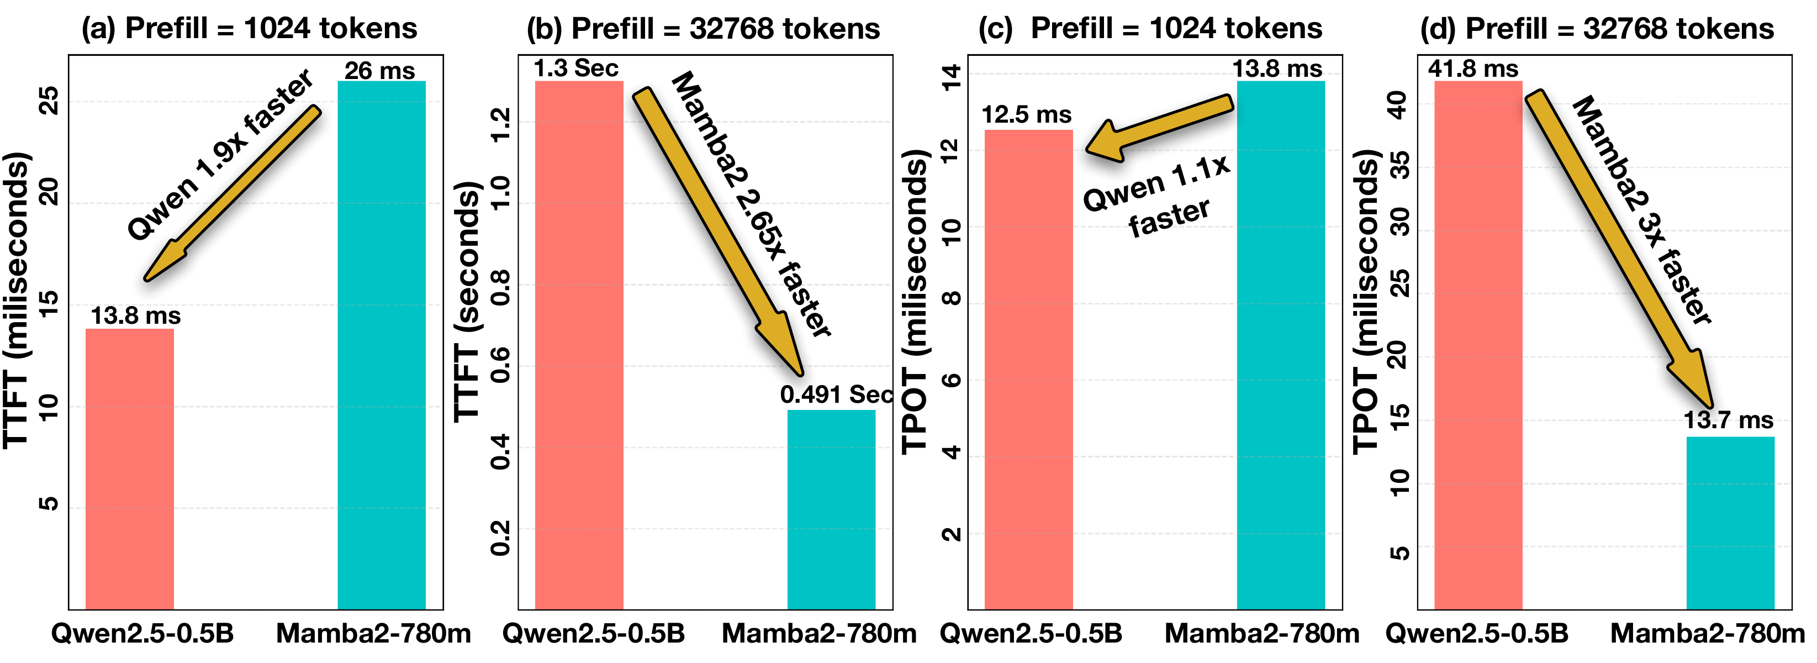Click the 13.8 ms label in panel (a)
click(135, 315)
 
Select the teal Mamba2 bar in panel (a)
click(381, 346)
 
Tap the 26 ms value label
click(379, 71)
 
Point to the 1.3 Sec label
click(575, 69)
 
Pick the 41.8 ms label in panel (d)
click(1473, 69)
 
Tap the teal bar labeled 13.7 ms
click(1730, 523)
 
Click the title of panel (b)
click(702, 28)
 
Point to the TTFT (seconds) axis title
click(466, 302)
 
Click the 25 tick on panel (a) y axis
click(49, 101)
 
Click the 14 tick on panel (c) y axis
click(951, 76)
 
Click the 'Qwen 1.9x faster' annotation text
click(219, 155)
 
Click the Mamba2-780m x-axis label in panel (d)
click(1707, 633)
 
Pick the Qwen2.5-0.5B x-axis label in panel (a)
click(142, 633)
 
